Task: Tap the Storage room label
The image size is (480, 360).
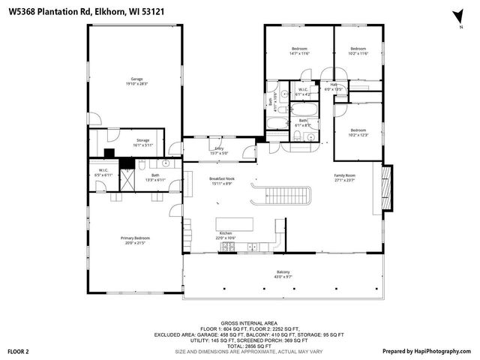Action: click(142, 139)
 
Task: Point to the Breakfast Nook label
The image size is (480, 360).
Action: click(222, 178)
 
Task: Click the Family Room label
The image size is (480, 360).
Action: click(345, 175)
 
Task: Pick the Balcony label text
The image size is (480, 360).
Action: click(283, 271)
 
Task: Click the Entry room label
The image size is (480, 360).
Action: click(219, 148)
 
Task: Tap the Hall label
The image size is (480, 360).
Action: click(333, 85)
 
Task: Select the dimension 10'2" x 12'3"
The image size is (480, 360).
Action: click(358, 134)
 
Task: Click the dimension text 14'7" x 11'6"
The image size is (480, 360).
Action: click(299, 54)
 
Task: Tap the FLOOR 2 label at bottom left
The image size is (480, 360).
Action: click(18, 351)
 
